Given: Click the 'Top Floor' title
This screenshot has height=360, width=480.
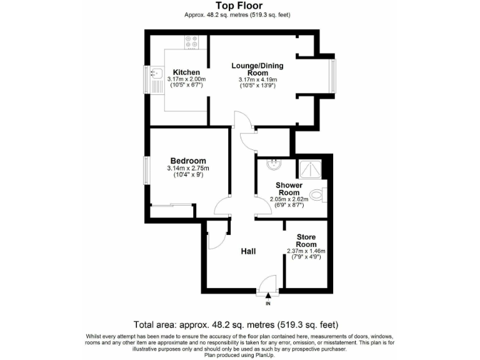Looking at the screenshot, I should coord(239,6).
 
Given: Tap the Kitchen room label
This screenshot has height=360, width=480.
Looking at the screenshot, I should coord(186,72).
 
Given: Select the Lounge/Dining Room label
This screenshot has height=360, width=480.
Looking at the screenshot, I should coord(257,69).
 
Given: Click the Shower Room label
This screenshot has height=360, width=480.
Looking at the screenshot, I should coord(289,189).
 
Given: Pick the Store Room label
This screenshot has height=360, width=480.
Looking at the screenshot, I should coord(306,241).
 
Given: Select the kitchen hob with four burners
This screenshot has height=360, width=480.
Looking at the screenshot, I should coord(192,42).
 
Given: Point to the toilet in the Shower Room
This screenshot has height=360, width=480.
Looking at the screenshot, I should coord(320,194).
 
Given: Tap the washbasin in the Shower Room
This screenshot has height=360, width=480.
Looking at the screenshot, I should coord(273,165).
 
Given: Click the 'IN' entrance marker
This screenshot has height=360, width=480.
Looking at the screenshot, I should coord(268,304).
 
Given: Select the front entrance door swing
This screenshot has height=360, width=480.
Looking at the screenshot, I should coord(267,284).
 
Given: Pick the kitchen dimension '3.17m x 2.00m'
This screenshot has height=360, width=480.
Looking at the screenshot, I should coord(186,79).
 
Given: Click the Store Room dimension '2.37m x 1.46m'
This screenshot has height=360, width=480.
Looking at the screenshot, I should coord(306,251).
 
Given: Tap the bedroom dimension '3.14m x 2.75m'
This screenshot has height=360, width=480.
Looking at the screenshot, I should coord(187,168).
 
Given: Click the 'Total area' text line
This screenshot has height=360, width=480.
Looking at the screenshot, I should coord(236,325).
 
